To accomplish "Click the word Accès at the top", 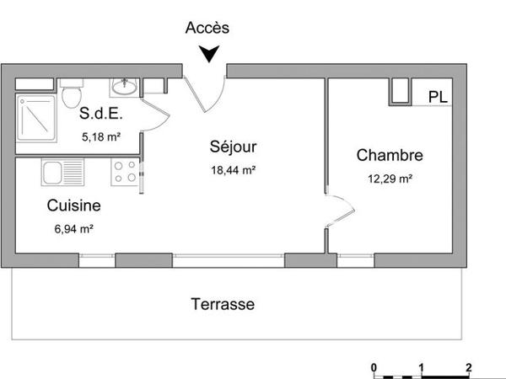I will pos(207,27).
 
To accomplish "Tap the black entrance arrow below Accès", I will pos(208,54).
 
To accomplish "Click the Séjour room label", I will pos(233,147).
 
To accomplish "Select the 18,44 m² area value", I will pos(233,169).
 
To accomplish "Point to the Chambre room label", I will pos(389,156).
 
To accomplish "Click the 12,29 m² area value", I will pos(389,178).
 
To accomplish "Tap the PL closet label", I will pos(437,96).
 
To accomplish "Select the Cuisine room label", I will pos(74,206).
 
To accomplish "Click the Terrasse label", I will pos(223,304).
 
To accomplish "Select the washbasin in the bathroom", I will pos(126,86).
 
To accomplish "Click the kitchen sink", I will pos(51,174).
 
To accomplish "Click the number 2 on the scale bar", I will pos(468,367).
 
